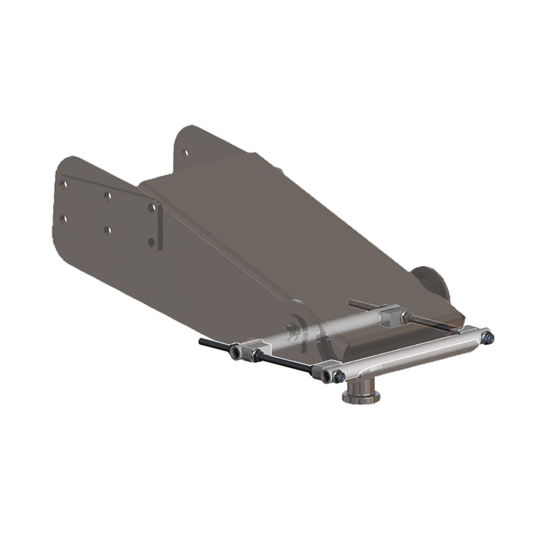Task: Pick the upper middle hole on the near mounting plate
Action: tap(108, 196)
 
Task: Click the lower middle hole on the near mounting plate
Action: tap(108, 230)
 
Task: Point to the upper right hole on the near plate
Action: tap(152, 207)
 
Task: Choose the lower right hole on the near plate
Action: tap(151, 242)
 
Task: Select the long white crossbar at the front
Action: tap(410, 354)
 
